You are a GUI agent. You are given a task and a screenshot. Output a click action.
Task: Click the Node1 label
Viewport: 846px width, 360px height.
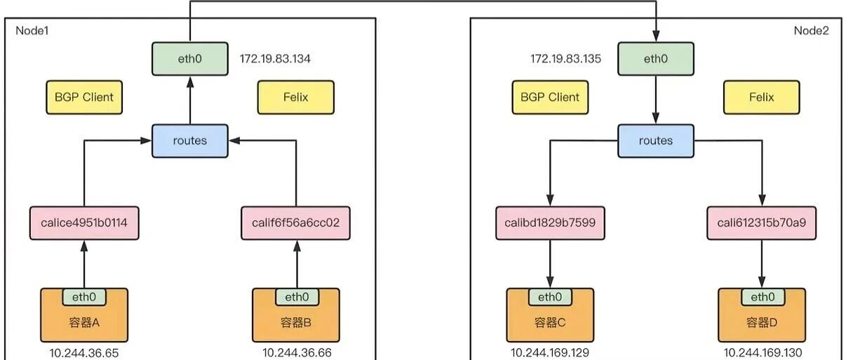32,31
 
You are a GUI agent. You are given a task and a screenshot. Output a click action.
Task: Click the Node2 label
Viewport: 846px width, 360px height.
811,31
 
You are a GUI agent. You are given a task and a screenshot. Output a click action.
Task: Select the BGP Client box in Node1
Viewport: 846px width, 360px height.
84,97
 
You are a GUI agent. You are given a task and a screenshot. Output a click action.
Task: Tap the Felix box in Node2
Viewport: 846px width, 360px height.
761,97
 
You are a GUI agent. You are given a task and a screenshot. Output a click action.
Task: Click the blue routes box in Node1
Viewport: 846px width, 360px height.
190,140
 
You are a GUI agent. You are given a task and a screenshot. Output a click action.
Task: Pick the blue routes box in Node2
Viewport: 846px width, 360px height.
655,140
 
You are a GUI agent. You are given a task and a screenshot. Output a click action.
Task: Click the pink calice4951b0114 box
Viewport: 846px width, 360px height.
84,224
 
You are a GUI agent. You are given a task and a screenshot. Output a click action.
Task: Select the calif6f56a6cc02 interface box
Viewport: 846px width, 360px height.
296,224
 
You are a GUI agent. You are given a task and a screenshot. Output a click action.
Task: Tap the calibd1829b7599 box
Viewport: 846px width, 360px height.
550,224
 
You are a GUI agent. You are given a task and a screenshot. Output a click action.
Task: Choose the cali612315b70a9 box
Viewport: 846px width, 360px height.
761,224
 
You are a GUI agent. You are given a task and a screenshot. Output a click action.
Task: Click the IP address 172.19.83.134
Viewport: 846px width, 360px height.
275,59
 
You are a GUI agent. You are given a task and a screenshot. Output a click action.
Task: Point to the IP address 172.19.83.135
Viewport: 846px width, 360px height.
565,59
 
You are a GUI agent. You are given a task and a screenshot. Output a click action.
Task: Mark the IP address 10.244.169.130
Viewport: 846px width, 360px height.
763,353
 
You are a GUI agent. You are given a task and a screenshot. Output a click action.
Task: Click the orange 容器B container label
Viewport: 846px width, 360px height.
296,323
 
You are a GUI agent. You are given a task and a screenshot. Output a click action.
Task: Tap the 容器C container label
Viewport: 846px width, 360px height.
550,323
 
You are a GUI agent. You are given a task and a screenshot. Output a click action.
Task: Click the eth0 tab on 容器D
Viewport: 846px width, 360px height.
762,297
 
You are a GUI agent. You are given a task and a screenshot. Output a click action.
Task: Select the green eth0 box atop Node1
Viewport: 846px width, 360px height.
190,59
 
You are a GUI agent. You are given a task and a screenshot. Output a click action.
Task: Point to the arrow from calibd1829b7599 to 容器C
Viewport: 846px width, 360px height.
550,263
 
